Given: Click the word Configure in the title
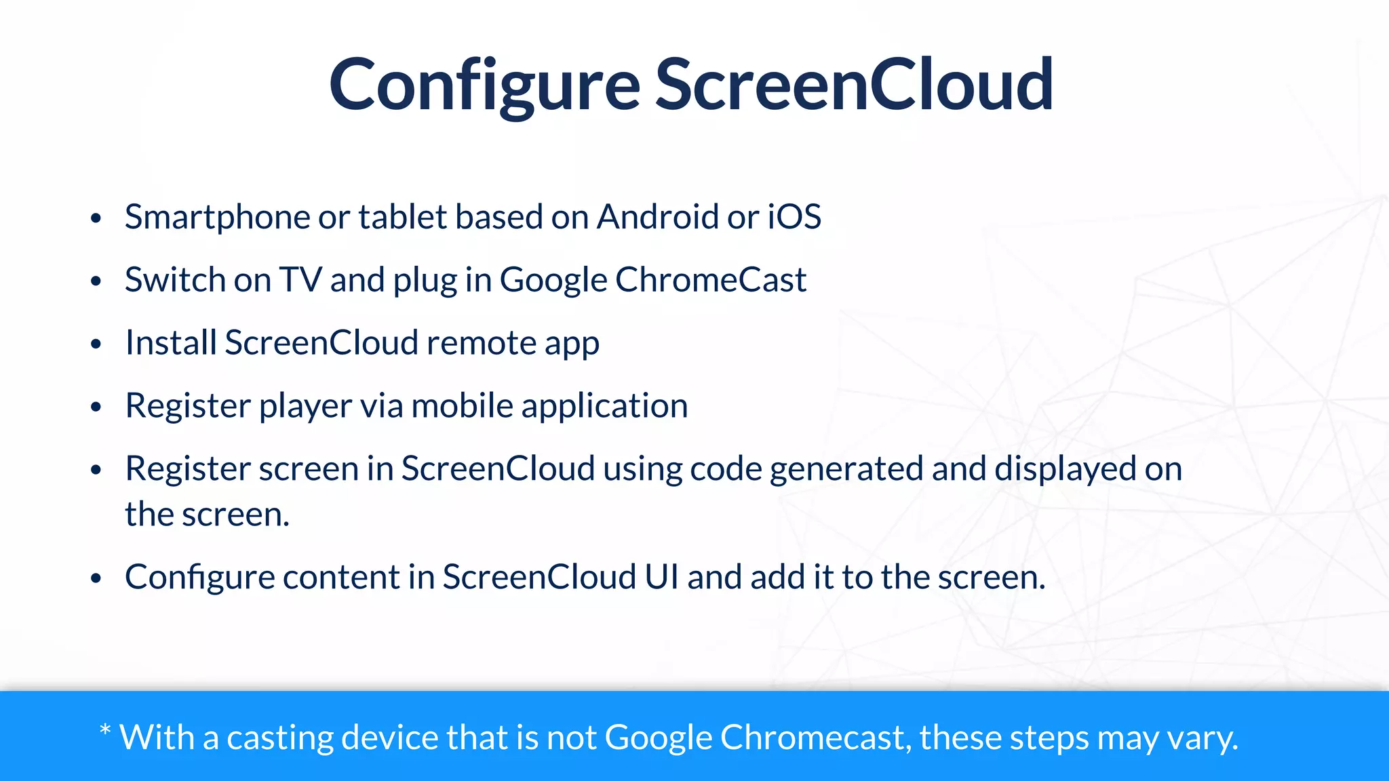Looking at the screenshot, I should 484,85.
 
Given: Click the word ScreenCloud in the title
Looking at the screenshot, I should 854,85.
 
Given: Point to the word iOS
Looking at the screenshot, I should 794,218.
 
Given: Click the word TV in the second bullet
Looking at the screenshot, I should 300,280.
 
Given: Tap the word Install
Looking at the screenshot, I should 171,343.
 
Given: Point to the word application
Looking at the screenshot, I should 604,406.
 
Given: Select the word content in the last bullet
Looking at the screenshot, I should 341,577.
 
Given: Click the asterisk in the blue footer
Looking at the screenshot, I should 105,731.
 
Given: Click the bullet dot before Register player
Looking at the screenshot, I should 96,407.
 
